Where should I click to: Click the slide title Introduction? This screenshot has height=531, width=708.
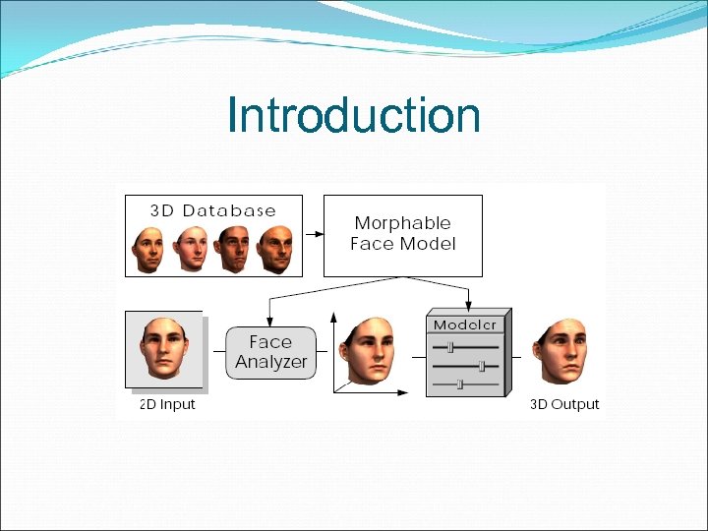tap(353, 115)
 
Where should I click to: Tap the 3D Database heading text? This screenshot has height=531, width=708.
tap(212, 210)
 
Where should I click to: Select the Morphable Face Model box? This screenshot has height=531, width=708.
tap(403, 235)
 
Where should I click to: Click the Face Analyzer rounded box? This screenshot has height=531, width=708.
tap(270, 352)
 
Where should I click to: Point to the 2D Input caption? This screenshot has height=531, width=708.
tap(167, 404)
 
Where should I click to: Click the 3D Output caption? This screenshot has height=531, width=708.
tap(564, 404)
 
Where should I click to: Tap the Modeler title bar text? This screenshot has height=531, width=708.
tap(466, 324)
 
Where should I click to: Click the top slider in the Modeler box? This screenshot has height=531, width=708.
tap(450, 346)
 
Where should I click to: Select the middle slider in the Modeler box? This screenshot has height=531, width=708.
tap(482, 366)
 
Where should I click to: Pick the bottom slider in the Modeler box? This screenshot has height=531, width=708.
tap(459, 384)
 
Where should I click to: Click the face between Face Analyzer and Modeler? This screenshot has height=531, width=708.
tap(371, 351)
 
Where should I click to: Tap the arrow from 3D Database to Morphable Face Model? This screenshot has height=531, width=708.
tap(314, 235)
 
